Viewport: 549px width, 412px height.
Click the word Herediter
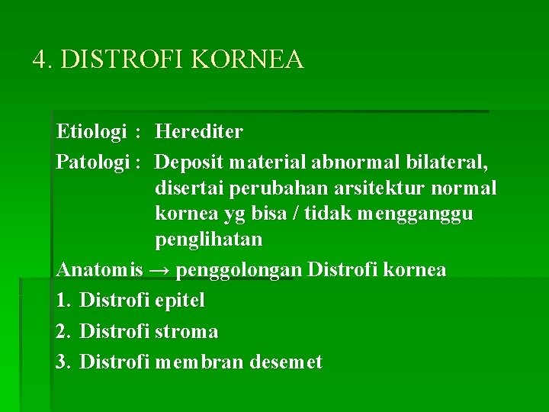199,132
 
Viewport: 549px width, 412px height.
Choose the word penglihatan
209,240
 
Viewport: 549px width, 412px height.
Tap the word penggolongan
241,270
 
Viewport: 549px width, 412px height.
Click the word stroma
186,331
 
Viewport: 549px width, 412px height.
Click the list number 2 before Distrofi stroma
63,331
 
